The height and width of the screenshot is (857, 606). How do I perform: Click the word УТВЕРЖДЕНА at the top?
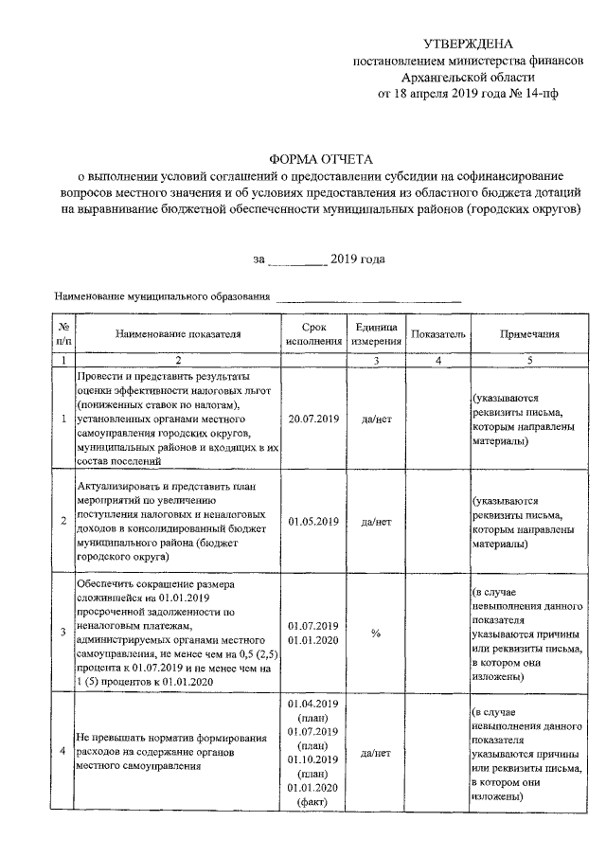469,45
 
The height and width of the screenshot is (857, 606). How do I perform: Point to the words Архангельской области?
469,78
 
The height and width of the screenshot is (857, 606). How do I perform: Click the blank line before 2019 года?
298,259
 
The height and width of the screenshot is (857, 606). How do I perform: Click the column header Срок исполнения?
313,333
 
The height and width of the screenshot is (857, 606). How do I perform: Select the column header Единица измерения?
376,333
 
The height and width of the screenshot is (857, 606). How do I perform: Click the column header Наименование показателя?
179,333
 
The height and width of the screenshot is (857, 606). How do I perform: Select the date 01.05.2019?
313,521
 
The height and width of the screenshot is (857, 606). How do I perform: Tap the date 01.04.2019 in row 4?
313,705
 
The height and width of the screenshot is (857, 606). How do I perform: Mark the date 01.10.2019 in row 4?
313,760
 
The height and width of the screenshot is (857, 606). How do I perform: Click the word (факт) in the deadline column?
313,802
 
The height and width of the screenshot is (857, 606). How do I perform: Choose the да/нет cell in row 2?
376,521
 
